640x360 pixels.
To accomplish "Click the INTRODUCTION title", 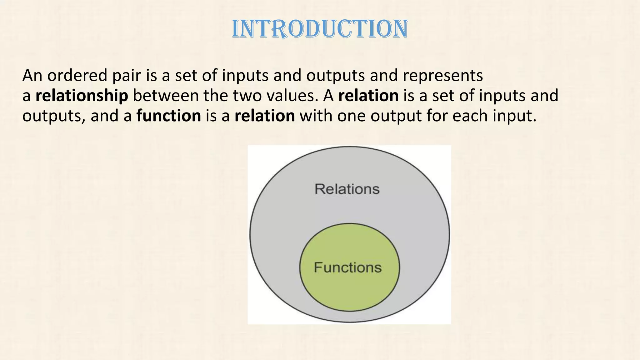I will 320,29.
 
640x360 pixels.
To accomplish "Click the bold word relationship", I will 82,96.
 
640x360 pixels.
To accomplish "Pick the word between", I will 166,96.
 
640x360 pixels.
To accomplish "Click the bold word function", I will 169,116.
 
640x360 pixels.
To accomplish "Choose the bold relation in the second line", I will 368,96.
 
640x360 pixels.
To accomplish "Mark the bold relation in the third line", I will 264,116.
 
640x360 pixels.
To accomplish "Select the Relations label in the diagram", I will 347,189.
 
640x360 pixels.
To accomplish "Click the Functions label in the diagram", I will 347,267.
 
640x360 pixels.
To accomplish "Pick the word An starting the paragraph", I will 32,76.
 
